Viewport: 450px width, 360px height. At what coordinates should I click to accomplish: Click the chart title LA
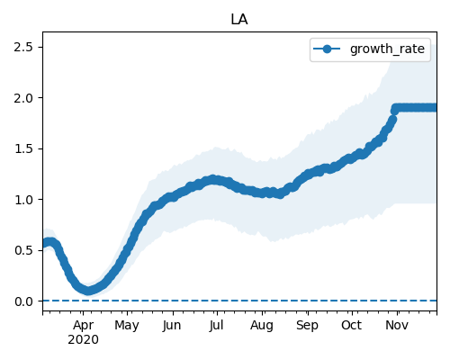(x=239, y=20)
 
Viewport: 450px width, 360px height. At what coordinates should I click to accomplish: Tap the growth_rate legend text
(x=387, y=49)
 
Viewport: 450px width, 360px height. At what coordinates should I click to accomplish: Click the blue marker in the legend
(x=327, y=49)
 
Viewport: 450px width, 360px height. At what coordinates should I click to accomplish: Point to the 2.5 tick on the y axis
(x=23, y=47)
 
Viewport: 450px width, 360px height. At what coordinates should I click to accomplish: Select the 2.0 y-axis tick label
(x=23, y=98)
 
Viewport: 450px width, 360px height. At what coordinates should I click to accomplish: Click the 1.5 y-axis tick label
(x=23, y=148)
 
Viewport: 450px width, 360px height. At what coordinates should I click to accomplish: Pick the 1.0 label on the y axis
(x=23, y=200)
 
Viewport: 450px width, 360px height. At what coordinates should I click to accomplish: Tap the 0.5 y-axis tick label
(x=23, y=250)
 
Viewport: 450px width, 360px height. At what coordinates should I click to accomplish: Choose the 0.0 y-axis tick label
(x=23, y=301)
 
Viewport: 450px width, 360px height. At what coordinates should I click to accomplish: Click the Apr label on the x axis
(x=83, y=326)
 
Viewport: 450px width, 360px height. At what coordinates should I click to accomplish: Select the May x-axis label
(x=127, y=326)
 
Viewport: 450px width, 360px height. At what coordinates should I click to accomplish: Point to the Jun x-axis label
(x=172, y=326)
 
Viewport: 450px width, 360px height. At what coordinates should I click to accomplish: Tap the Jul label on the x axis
(x=217, y=326)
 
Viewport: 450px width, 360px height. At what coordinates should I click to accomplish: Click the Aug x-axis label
(x=262, y=326)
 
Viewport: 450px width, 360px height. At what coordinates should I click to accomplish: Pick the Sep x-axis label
(x=307, y=326)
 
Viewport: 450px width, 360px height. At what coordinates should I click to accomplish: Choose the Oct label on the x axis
(x=352, y=325)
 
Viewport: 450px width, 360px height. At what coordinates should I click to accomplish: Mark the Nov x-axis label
(x=397, y=325)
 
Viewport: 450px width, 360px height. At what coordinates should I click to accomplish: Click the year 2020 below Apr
(x=83, y=340)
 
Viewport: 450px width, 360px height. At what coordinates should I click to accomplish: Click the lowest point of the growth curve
(x=87, y=291)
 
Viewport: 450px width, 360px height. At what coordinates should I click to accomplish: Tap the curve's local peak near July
(x=212, y=179)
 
